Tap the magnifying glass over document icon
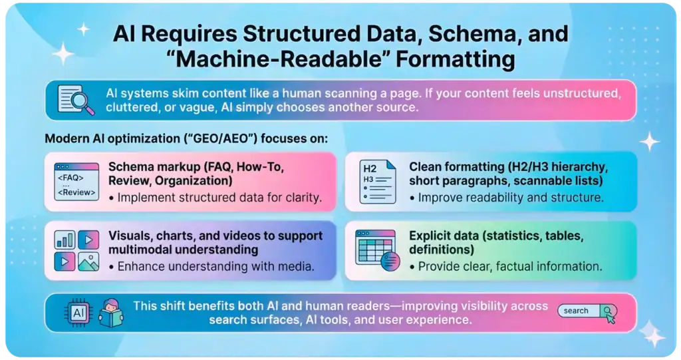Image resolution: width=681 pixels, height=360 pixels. point(74,100)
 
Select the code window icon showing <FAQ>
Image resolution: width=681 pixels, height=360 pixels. point(75,180)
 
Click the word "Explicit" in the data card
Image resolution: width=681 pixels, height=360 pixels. point(430,236)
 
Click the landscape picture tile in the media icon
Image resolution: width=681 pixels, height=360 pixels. point(88,262)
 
